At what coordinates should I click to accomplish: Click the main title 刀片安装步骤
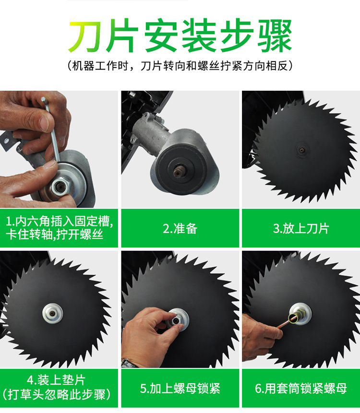[180, 35]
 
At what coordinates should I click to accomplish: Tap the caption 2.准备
[180, 229]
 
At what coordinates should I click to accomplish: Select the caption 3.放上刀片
[301, 229]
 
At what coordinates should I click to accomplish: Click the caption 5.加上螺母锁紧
[180, 389]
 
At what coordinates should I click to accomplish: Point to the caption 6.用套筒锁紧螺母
[301, 389]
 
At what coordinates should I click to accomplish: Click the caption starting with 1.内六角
[59, 228]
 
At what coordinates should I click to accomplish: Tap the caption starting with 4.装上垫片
[57, 388]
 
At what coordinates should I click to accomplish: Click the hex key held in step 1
[52, 129]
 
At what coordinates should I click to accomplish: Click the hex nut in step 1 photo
[61, 186]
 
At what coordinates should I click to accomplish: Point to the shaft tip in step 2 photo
[180, 172]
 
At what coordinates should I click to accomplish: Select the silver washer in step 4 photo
[53, 313]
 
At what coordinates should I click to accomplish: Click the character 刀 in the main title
[85, 36]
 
